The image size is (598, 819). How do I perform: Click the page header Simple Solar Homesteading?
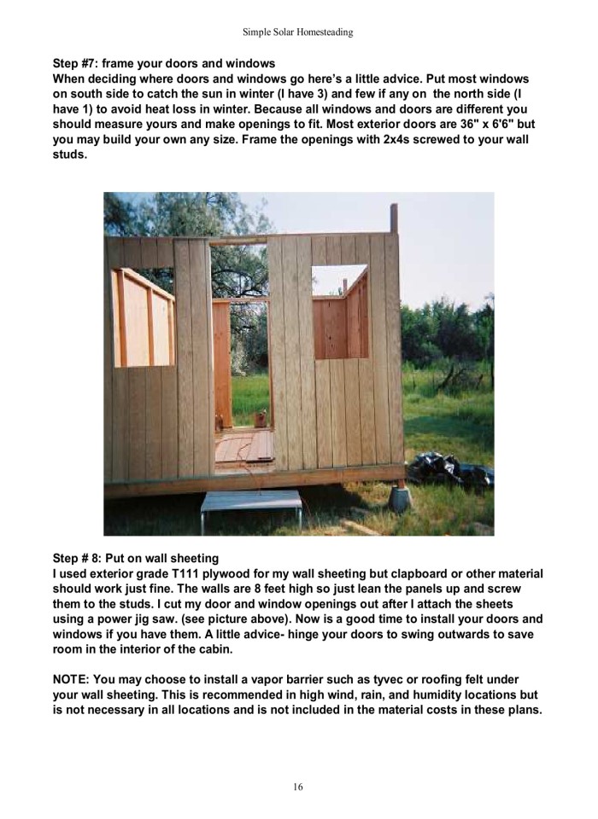click(x=299, y=32)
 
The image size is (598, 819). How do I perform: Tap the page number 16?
click(x=298, y=787)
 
